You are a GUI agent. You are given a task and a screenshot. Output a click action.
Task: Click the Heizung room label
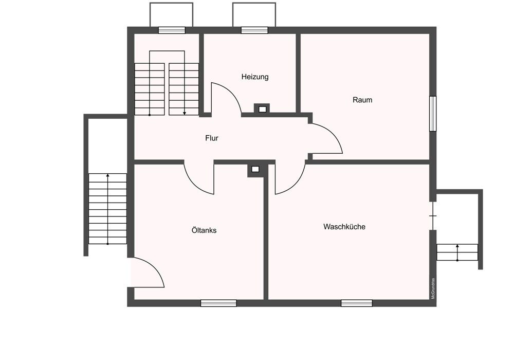pyautogui.click(x=255, y=77)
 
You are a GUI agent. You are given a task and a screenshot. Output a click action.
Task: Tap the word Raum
pyautogui.click(x=362, y=100)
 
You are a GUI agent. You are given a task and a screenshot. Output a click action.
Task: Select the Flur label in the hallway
pyautogui.click(x=211, y=138)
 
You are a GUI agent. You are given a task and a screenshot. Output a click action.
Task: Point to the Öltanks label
pyautogui.click(x=204, y=230)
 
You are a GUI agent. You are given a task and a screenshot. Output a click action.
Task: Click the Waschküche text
pyautogui.click(x=344, y=227)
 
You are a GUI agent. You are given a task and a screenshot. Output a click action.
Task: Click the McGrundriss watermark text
pyautogui.click(x=433, y=288)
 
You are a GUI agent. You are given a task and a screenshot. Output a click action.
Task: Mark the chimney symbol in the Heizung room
pyautogui.click(x=262, y=109)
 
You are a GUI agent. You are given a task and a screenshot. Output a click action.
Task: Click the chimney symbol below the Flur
pyautogui.click(x=255, y=170)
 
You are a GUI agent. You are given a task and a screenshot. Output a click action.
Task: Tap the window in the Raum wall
pyautogui.click(x=433, y=114)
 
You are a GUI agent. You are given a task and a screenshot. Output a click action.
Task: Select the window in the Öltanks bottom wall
pyautogui.click(x=218, y=303)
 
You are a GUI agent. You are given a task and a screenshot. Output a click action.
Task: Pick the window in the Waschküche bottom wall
pyautogui.click(x=357, y=303)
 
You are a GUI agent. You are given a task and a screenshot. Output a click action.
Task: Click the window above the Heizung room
pyautogui.click(x=254, y=30)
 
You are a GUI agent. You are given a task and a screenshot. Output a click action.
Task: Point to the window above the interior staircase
pyautogui.click(x=172, y=30)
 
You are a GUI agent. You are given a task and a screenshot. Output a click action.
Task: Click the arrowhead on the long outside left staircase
pyautogui.click(x=108, y=175)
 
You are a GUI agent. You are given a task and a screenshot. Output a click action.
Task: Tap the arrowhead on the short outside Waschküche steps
pyautogui.click(x=457, y=246)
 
